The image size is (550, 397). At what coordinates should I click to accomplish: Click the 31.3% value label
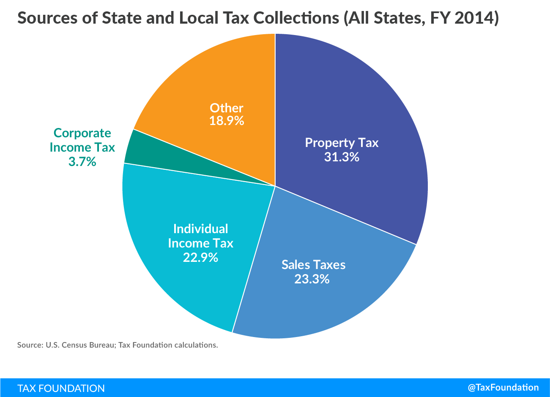(x=342, y=157)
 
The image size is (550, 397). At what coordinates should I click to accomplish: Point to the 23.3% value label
(x=312, y=279)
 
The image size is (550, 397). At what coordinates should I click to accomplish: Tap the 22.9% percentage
(x=200, y=257)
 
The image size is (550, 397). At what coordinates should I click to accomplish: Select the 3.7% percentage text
(x=82, y=161)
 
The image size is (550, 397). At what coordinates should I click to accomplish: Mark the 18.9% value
(x=227, y=121)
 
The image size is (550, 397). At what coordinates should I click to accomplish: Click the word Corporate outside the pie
(x=82, y=133)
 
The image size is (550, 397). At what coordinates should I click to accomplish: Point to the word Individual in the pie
(x=200, y=229)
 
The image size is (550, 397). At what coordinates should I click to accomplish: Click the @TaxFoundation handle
(x=503, y=387)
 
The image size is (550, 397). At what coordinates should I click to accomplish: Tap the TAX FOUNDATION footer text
(x=61, y=388)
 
